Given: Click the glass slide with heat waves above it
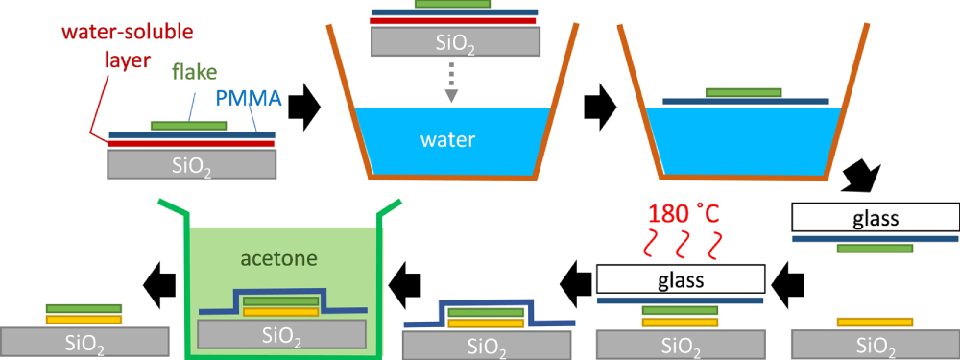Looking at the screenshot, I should pos(681,279).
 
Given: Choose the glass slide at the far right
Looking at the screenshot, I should pos(875,217).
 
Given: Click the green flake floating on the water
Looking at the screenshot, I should pos(743,93).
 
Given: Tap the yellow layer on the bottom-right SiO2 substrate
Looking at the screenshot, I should pos(875,322).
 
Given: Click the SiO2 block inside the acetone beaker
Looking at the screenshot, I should pos(281,333).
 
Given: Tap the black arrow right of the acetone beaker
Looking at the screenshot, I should pos(403,280).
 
